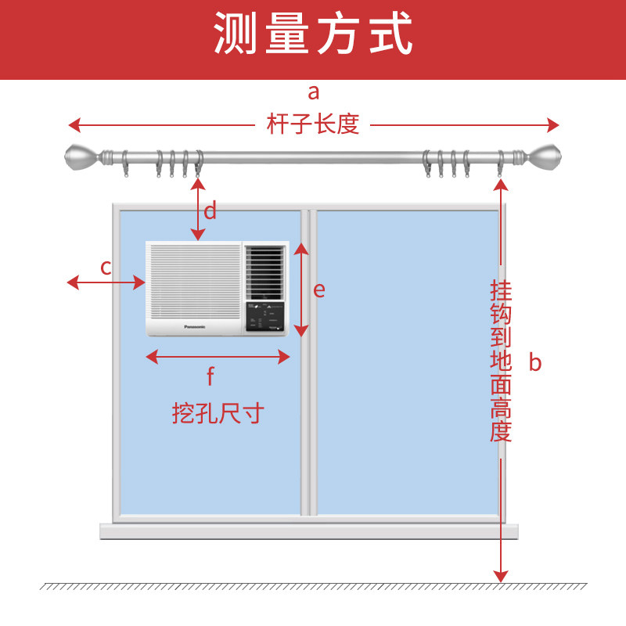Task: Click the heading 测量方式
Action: [x=313, y=35]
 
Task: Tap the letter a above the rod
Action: [x=314, y=92]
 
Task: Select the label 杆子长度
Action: [x=313, y=124]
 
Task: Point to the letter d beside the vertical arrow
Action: [x=210, y=210]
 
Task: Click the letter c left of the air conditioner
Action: [x=106, y=267]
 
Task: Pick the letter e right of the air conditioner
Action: [x=318, y=290]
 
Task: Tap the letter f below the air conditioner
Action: [x=210, y=377]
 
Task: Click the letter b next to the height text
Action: [x=534, y=362]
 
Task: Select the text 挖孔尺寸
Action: [x=218, y=413]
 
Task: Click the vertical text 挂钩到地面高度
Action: [x=501, y=362]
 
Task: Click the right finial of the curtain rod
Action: [x=545, y=159]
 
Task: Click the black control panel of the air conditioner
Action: [x=265, y=316]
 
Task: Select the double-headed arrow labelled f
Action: [x=218, y=357]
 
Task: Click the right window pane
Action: [x=407, y=360]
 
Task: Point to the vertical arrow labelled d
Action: [x=198, y=209]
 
